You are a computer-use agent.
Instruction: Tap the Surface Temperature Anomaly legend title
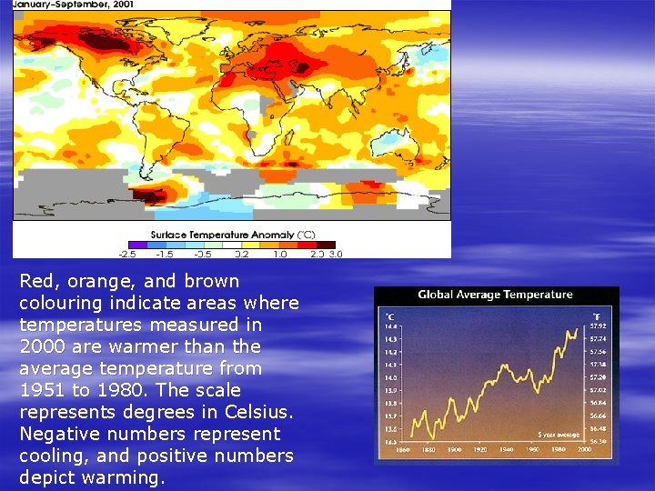click(x=232, y=234)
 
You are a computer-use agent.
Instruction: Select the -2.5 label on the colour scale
click(x=127, y=253)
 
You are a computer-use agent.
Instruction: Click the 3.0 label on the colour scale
click(x=335, y=253)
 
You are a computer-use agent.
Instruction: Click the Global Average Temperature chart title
click(x=495, y=295)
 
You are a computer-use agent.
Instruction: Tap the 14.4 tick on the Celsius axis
click(x=389, y=326)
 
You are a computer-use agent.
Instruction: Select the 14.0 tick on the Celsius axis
click(x=389, y=377)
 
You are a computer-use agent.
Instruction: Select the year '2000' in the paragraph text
click(x=42, y=346)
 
